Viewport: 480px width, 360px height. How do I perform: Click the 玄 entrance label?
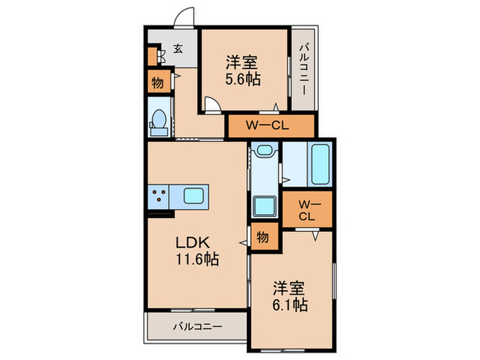(178, 49)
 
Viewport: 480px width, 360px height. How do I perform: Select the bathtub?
(321, 164)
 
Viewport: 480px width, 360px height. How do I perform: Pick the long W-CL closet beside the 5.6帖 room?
(269, 125)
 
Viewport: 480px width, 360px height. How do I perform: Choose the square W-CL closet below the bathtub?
(307, 210)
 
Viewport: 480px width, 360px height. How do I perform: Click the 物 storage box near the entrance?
(157, 83)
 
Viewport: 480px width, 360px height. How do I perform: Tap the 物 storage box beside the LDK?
(263, 237)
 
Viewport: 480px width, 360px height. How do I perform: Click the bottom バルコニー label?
(197, 326)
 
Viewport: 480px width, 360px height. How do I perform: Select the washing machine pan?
(263, 206)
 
